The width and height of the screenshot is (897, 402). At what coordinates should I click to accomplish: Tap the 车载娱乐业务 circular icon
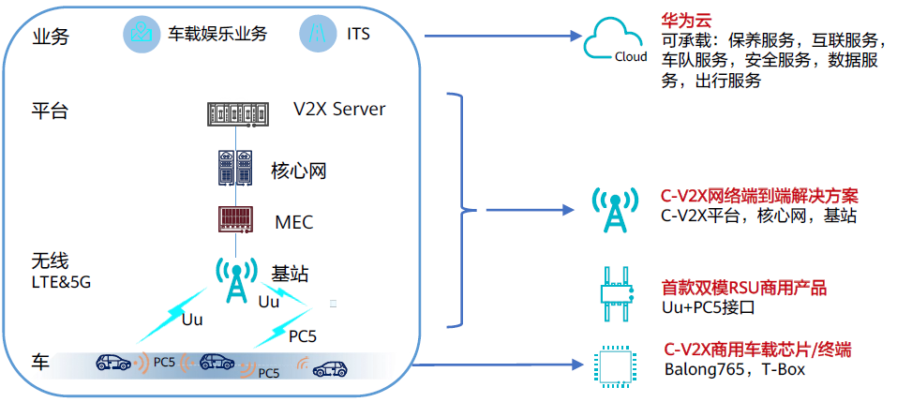tap(142, 35)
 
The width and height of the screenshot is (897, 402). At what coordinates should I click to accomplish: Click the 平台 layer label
tap(50, 112)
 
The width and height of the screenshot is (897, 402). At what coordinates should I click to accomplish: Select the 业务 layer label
tap(50, 37)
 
